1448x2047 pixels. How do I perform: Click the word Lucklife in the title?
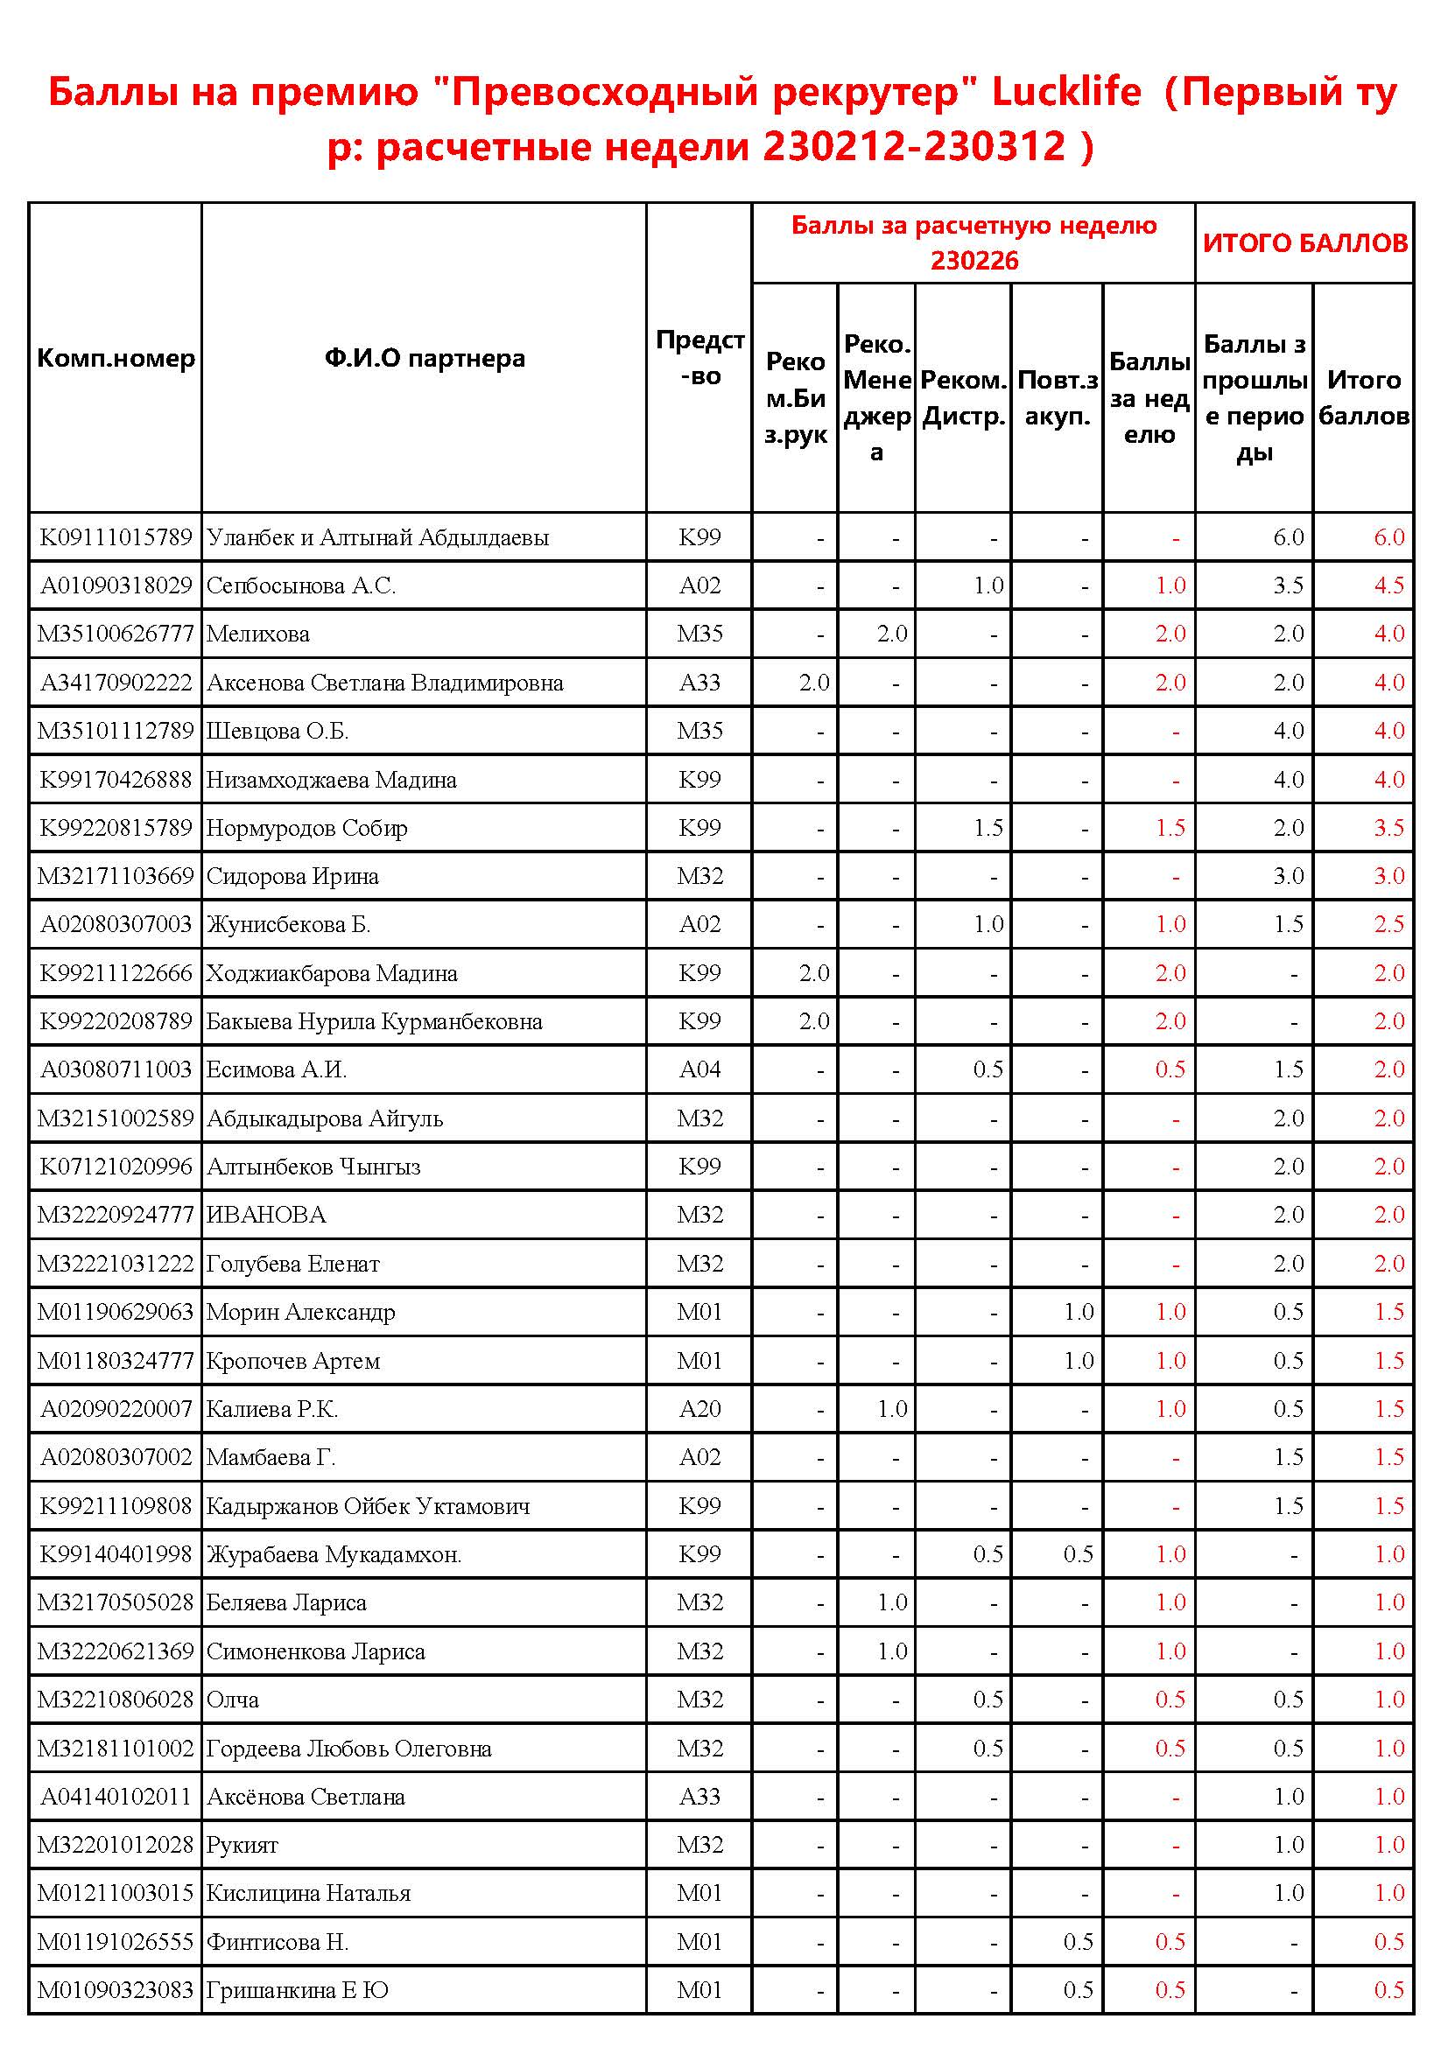pos(1065,92)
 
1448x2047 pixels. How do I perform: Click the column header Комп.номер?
pos(116,359)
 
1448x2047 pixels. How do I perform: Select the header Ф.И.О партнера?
pos(425,359)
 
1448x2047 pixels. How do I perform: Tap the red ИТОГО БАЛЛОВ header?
pos(1304,243)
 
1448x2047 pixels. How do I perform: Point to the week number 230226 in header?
pos(974,261)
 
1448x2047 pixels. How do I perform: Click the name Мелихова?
pos(257,634)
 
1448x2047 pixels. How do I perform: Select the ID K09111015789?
pos(116,537)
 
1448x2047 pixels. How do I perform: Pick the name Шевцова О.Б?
pos(278,731)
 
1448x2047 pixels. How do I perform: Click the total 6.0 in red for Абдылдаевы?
pos(1388,537)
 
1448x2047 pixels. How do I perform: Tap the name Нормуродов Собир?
pos(306,828)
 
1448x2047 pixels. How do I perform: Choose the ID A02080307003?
pos(116,924)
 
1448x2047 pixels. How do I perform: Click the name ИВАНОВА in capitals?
pos(266,1216)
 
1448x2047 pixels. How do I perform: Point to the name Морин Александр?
pos(300,1313)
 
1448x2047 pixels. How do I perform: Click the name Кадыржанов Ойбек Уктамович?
pos(369,1507)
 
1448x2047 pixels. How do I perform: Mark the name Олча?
pos(233,1700)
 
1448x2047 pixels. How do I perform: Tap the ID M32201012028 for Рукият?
pos(116,1846)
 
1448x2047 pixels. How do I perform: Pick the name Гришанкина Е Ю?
pos(297,1991)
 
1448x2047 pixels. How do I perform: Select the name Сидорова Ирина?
pos(292,876)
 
